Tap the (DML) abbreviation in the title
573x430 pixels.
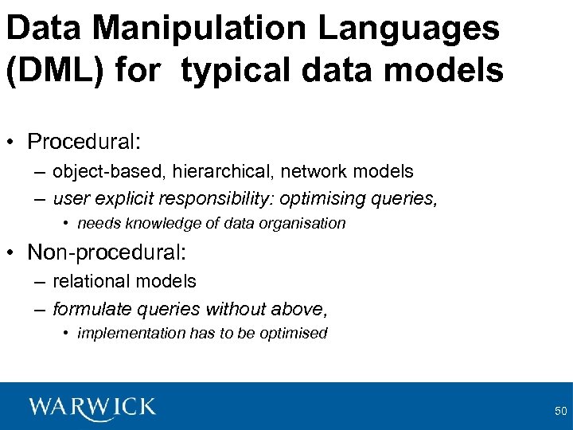(x=55, y=71)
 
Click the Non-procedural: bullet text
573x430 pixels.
(x=107, y=252)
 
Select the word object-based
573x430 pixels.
(x=101, y=171)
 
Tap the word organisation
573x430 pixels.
(x=305, y=224)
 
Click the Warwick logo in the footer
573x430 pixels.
(x=92, y=407)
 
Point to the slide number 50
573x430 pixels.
(x=560, y=412)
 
